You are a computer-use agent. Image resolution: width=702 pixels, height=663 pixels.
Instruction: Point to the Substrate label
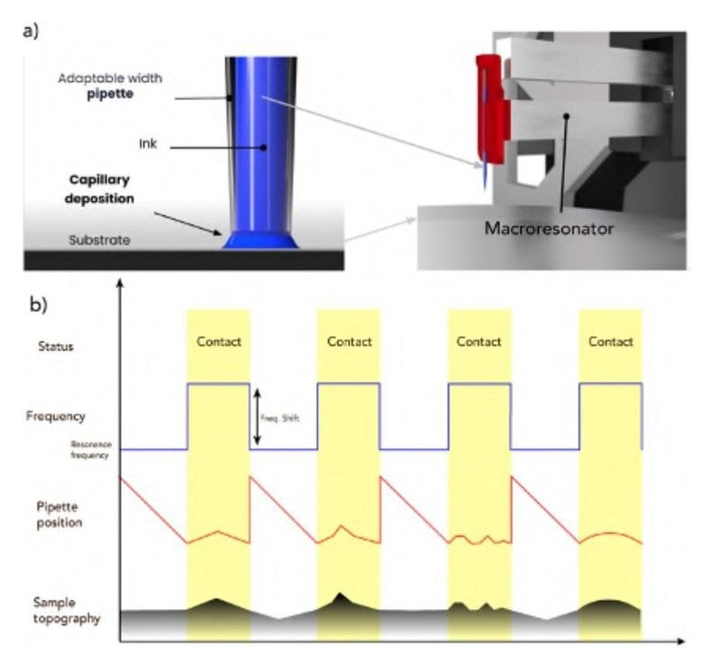(98, 241)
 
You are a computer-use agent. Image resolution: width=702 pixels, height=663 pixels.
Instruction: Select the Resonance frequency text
(91, 449)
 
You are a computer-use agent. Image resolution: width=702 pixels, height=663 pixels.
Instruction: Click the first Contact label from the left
(218, 342)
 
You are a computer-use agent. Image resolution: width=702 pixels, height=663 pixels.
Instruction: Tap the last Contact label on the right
(610, 342)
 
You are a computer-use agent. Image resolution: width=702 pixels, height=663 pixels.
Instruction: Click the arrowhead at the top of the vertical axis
(119, 285)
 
